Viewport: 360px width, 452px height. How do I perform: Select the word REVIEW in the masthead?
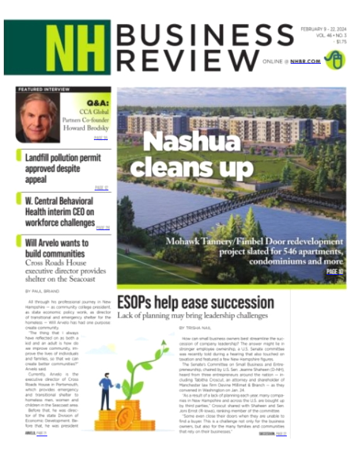point(188,61)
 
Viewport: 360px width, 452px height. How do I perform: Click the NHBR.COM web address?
point(308,62)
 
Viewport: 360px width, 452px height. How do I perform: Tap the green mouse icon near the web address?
point(338,61)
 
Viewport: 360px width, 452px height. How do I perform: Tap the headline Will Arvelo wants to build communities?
point(66,246)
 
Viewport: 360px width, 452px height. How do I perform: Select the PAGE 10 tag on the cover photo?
point(334,272)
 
